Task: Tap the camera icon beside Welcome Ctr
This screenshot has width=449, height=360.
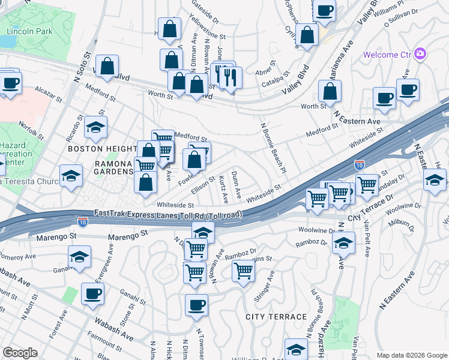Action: click(420, 55)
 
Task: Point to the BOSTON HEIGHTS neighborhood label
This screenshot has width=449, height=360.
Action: click(102, 148)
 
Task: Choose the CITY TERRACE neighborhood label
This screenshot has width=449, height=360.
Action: click(276, 316)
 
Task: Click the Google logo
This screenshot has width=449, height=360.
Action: click(20, 353)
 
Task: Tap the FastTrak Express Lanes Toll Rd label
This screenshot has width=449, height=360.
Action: click(168, 214)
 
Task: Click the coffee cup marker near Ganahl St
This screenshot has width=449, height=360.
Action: click(92, 293)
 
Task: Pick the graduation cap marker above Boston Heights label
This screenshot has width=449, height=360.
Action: click(95, 127)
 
